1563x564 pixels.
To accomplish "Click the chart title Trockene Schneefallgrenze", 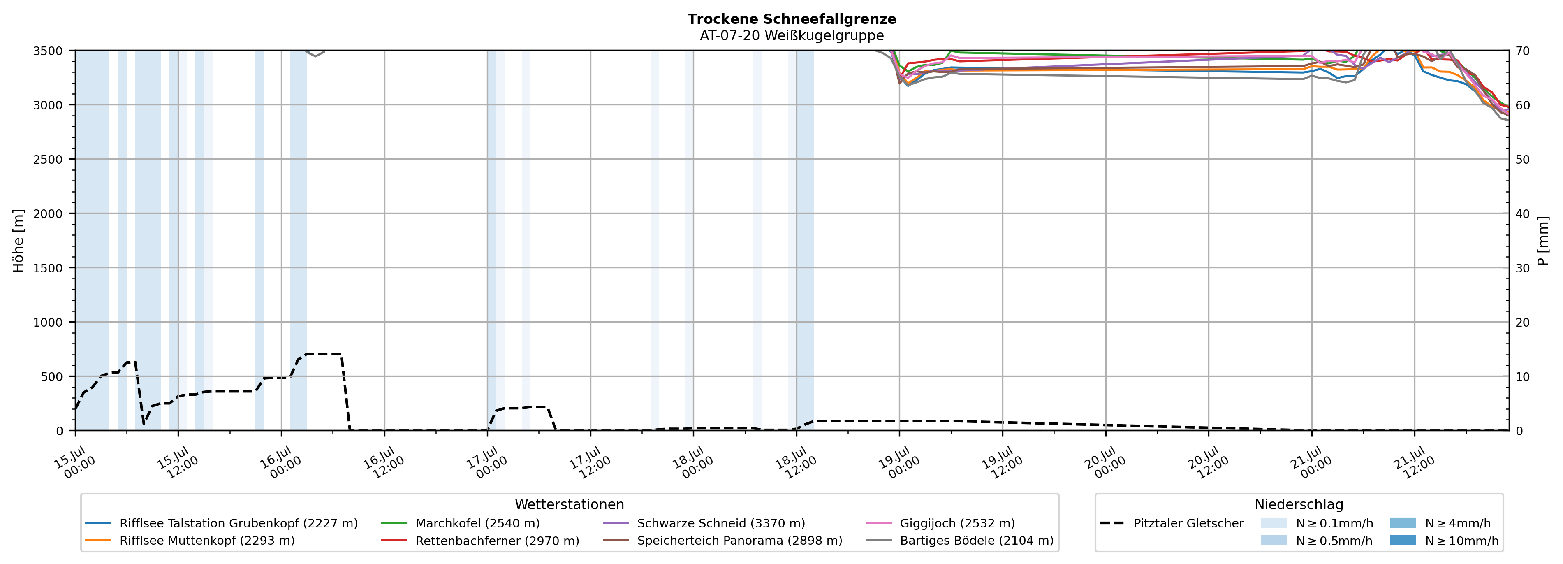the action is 792,19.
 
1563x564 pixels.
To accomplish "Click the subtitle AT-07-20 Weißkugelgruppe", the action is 792,35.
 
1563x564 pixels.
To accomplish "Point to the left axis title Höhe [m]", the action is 19,240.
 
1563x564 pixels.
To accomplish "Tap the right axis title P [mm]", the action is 1543,240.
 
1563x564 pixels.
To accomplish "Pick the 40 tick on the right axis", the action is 1522,214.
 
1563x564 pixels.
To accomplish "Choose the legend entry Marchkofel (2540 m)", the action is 461,523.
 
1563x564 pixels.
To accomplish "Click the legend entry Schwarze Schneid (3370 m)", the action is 704,523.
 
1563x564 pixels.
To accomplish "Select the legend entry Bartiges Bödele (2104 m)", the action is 960,540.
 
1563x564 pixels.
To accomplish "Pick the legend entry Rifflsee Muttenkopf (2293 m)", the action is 190,540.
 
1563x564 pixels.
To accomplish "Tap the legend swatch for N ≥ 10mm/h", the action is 1403,540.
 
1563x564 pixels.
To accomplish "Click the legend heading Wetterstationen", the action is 569,504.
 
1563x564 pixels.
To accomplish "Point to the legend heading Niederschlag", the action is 1299,504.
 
